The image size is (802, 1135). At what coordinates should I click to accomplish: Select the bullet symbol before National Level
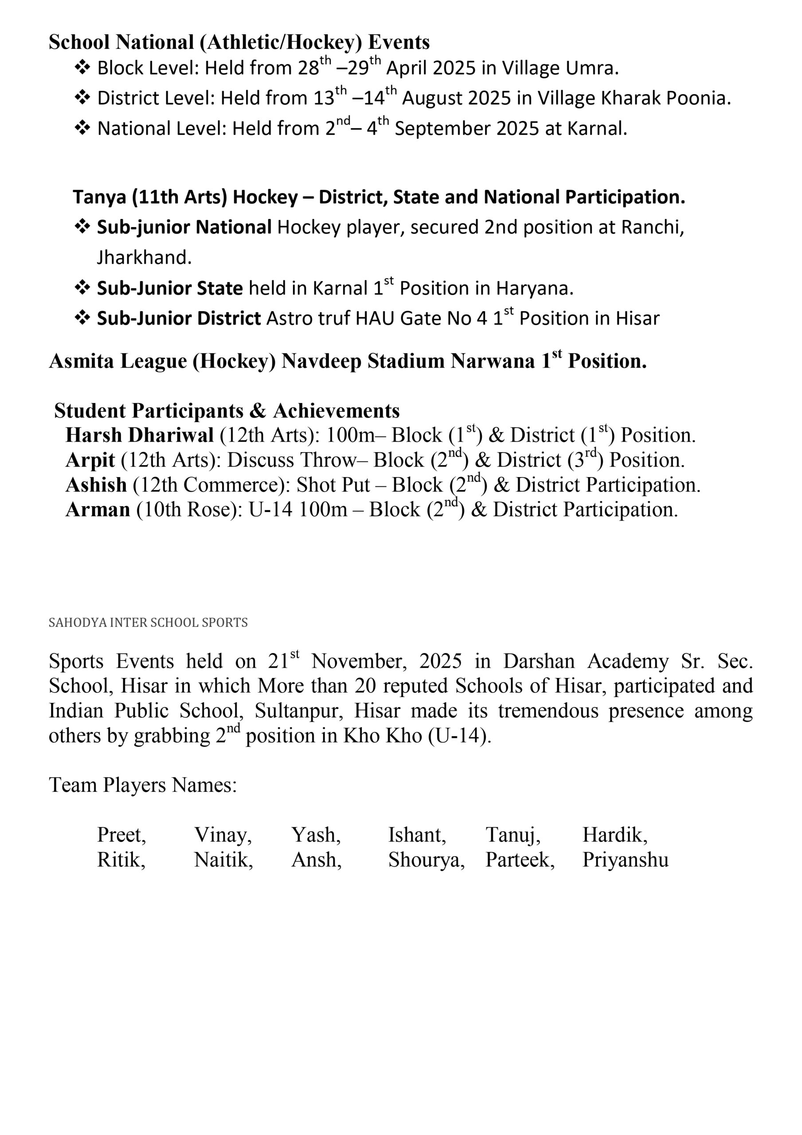(82, 128)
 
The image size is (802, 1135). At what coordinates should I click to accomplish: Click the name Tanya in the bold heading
(99, 197)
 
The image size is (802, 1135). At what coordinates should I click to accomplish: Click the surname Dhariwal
(171, 435)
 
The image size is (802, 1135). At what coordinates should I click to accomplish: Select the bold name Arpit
(90, 460)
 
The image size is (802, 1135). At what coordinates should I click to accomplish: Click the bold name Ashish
(96, 485)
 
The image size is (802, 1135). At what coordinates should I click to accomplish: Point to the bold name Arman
(98, 510)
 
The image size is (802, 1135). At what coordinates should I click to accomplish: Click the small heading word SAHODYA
(77, 622)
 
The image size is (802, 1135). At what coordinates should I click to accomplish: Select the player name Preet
(121, 835)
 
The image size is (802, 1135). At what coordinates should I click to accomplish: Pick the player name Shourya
(426, 860)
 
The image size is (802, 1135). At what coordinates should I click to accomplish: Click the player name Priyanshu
(625, 860)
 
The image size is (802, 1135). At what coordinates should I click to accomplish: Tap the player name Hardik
(614, 835)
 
